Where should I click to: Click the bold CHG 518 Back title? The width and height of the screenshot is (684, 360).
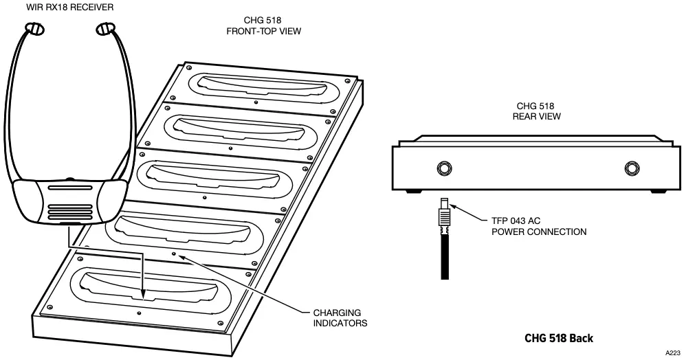[x=558, y=338]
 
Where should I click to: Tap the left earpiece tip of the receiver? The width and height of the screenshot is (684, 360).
[x=34, y=29]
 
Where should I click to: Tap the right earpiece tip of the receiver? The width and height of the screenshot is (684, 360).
[x=104, y=29]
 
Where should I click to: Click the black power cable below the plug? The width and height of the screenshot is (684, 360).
[x=445, y=254]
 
